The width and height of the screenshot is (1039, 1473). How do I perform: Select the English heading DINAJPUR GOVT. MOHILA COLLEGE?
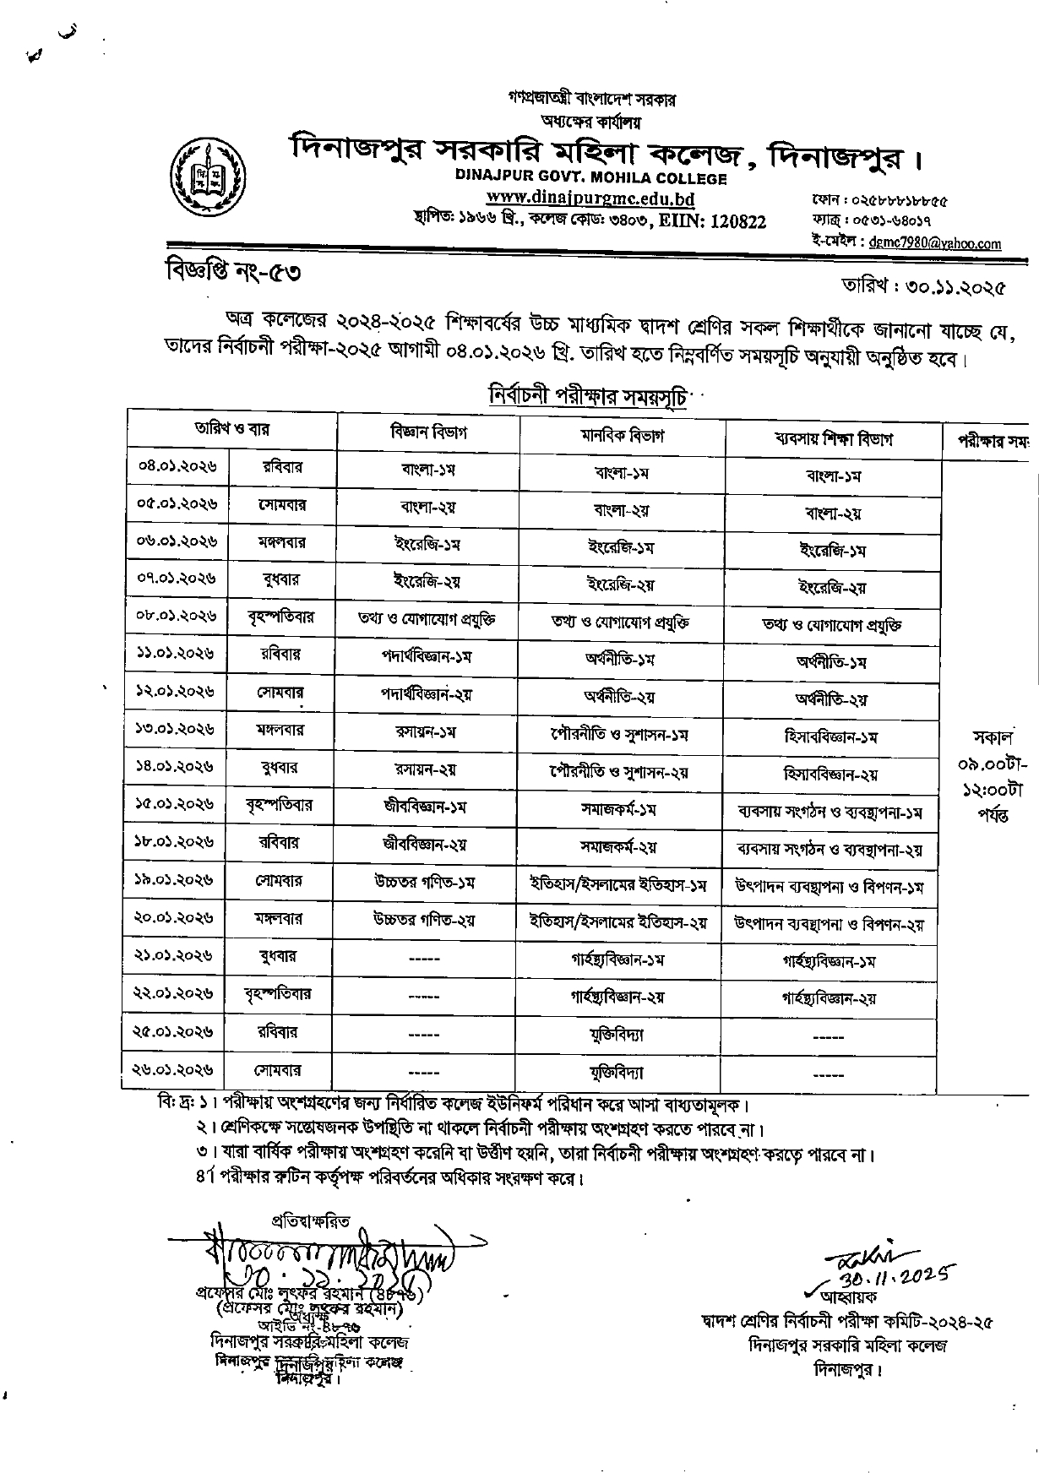590,178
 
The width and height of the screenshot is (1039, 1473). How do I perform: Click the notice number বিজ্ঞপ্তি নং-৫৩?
231,273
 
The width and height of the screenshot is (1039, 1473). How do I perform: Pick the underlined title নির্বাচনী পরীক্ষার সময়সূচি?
587,394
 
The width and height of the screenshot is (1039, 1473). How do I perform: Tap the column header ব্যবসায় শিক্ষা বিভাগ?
834,438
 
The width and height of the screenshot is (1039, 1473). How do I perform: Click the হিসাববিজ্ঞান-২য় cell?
830,774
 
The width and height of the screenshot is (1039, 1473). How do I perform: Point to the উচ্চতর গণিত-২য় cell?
424,919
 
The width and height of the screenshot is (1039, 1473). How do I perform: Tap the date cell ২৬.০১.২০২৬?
175,1069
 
